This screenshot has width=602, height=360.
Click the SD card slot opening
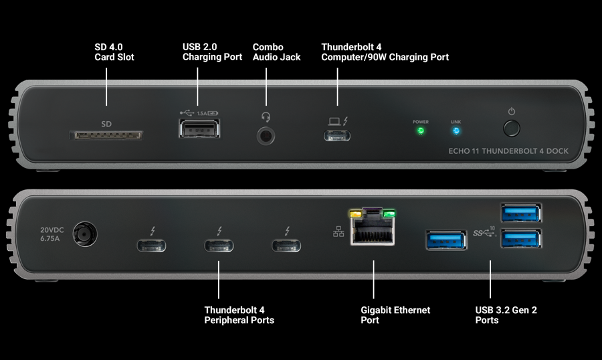tap(107, 135)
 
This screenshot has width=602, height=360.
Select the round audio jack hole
tap(266, 135)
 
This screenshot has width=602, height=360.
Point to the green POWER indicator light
tap(421, 131)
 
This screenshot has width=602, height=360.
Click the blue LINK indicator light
tap(456, 131)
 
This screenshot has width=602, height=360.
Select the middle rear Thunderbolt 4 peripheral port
tap(219, 246)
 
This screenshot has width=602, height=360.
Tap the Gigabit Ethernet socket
tap(373, 232)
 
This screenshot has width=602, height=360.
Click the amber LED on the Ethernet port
tap(355, 215)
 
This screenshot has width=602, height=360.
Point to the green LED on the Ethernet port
tap(389, 215)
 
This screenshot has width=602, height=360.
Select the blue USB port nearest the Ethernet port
tap(446, 239)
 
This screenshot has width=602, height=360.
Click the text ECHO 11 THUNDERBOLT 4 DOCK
tap(508, 151)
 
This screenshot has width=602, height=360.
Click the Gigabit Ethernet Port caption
tap(395, 315)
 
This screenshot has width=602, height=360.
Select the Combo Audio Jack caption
tap(276, 52)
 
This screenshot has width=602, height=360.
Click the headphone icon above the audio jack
tap(266, 116)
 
